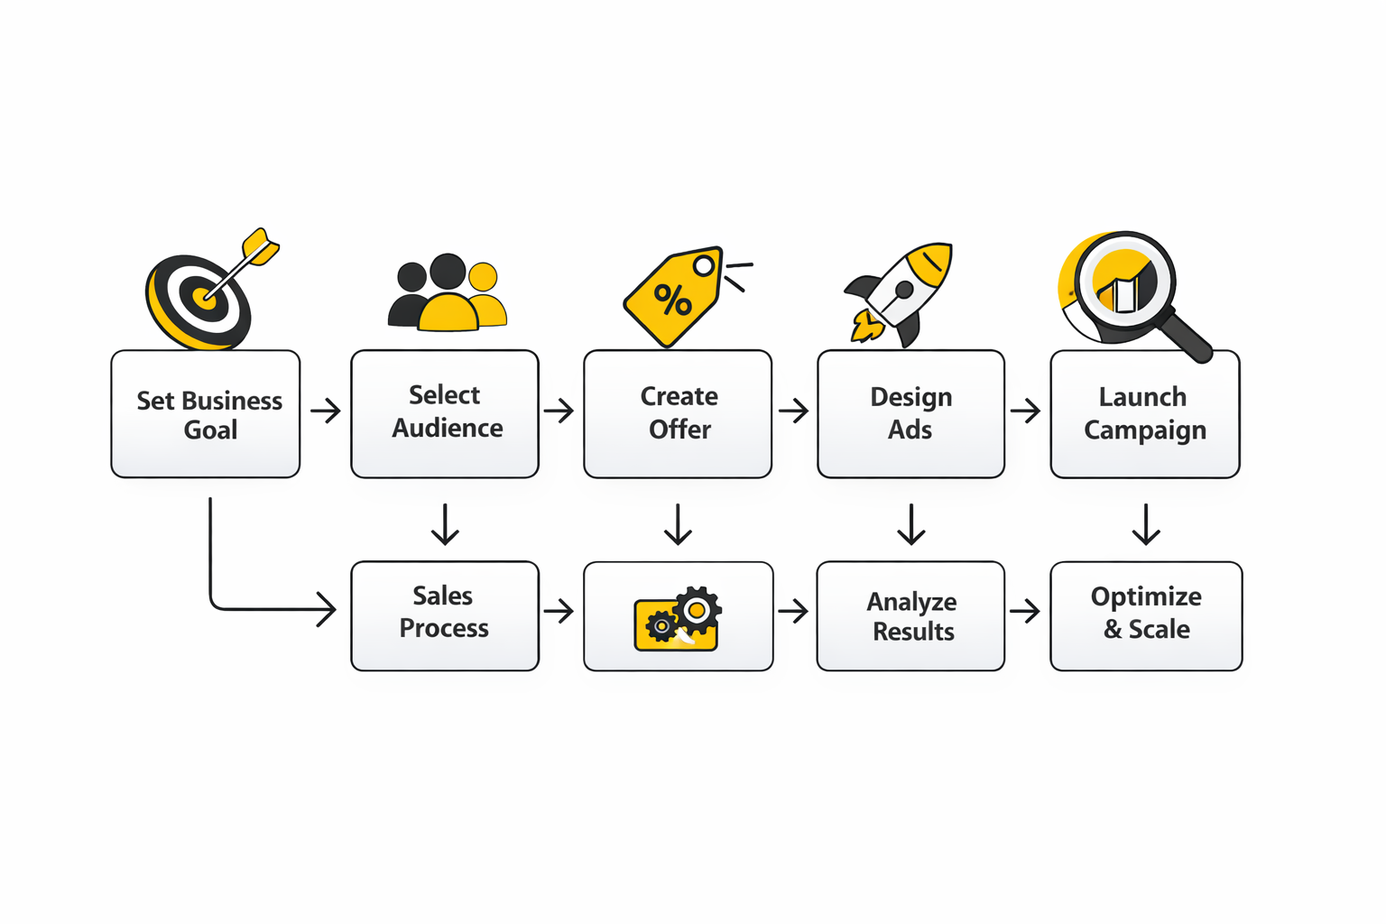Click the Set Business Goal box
pos(206,414)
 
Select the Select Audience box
pos(445,414)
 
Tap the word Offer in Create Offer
pos(679,430)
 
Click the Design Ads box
pos(910,414)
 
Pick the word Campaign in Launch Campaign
pos(1144,430)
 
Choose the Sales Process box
pos(445,616)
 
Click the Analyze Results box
pos(910,616)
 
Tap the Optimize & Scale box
pos(1146,616)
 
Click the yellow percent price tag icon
pos(672,298)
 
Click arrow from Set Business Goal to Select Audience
pos(326,411)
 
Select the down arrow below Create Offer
pos(678,524)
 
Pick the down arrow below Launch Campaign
pos(1146,524)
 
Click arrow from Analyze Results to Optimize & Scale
pos(1026,612)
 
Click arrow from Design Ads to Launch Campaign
pos(1026,411)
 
